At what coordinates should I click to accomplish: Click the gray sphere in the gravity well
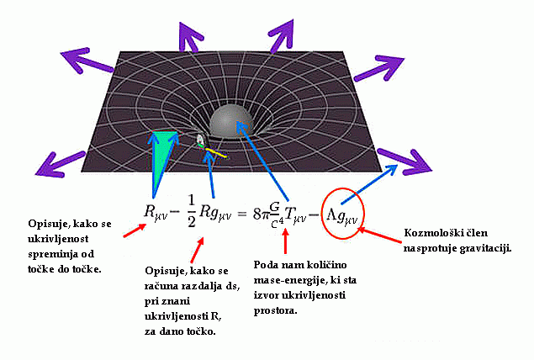[x=230, y=123]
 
